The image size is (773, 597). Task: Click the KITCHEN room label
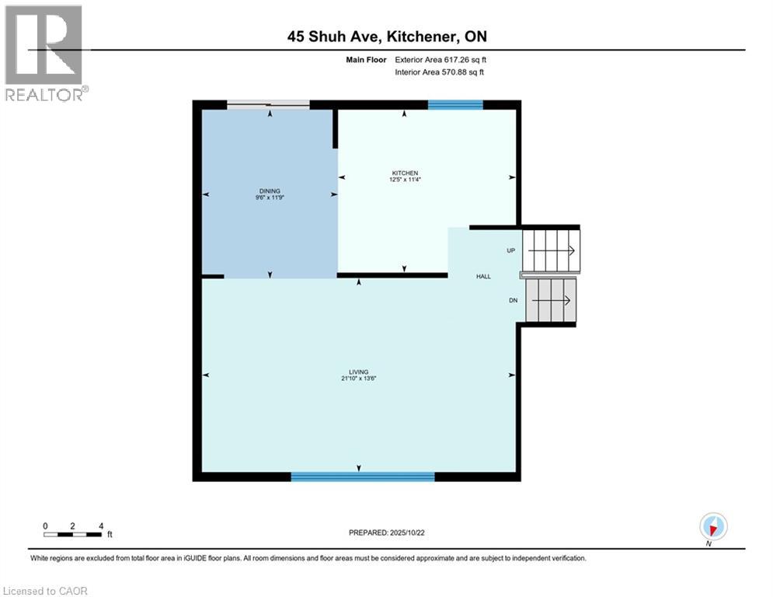click(405, 173)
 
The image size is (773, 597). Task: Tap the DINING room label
click(270, 190)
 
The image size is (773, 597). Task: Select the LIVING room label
click(358, 372)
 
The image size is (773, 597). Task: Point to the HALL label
click(483, 276)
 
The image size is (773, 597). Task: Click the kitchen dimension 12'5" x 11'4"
click(405, 180)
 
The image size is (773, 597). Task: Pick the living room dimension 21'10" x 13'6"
click(358, 379)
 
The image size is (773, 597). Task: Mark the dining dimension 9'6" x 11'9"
click(270, 197)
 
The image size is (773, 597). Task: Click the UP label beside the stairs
click(510, 251)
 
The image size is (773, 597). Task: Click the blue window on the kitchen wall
click(455, 105)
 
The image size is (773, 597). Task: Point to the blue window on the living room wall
click(362, 477)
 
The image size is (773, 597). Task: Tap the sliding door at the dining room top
click(268, 104)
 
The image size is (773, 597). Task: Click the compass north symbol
click(712, 527)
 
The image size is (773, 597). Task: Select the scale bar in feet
click(73, 533)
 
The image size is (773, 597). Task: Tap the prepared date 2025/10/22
click(387, 532)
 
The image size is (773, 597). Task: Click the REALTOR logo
click(44, 53)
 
